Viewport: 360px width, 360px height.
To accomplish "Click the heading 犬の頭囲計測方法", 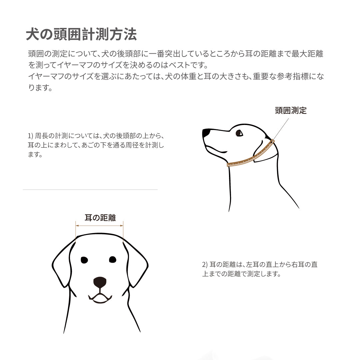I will (x=81, y=35).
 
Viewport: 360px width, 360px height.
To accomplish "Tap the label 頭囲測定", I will (x=291, y=111).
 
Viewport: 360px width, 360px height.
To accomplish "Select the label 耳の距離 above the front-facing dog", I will (x=100, y=218).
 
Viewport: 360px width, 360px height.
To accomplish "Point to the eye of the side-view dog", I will (x=239, y=133).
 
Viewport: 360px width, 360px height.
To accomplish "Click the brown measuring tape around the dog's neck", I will (x=250, y=157).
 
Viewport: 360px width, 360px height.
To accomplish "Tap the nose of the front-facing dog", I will (x=100, y=282).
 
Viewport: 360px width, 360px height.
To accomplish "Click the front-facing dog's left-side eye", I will (x=84, y=260).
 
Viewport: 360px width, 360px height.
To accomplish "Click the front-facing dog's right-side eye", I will (x=113, y=259).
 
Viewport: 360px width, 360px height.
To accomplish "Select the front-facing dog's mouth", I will (x=100, y=298).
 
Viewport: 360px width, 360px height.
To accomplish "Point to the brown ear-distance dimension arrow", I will (x=100, y=226).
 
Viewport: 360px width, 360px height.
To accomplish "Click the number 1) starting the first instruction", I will (x=31, y=136).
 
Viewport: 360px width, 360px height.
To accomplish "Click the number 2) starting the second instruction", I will (x=205, y=265).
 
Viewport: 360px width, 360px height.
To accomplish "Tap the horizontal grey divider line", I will (x=90, y=190).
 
